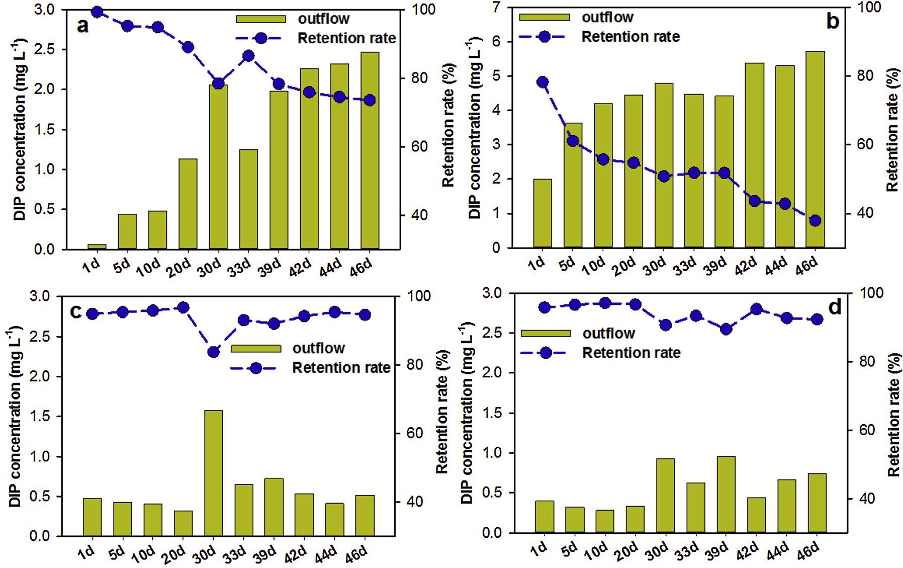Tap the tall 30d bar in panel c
213,473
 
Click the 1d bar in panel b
543,213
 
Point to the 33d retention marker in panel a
248,56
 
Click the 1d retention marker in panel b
543,82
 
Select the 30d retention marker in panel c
213,352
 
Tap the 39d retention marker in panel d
726,329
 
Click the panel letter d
834,307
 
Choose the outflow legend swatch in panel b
544,17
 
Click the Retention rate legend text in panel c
341,368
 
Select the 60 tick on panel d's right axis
872,431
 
